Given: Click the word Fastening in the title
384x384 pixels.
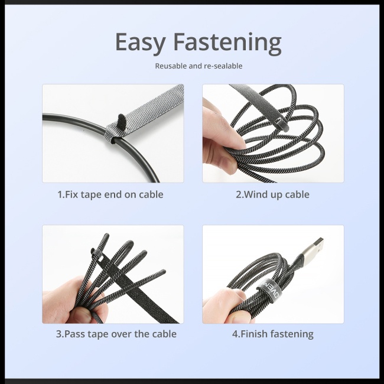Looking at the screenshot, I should pos(226,43).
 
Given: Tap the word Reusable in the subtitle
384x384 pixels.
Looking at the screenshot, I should pos(171,66).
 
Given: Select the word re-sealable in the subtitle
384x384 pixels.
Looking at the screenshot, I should pos(222,66).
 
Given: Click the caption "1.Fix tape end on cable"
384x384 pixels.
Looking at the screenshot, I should pos(110,194).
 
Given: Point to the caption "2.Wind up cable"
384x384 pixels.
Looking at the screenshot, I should pos(272,194).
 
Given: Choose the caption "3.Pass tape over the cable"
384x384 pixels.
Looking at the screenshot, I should pos(116,334).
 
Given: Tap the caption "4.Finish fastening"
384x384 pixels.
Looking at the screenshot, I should pos(272,334).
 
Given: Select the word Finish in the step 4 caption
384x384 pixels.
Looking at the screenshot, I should pos(255,334).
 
